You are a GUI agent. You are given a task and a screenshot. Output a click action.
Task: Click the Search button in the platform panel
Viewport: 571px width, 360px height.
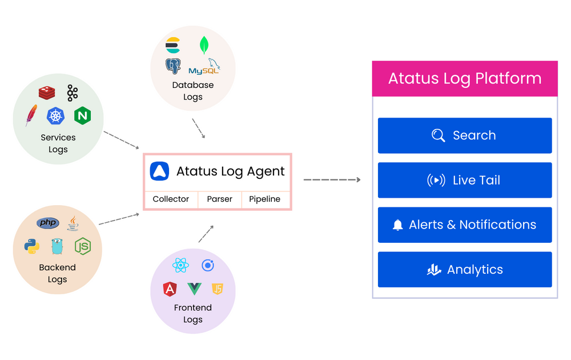pos(464,135)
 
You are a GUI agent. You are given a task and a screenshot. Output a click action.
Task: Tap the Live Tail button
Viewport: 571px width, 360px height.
pos(464,180)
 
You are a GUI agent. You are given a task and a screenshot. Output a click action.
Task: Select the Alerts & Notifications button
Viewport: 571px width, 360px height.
pos(464,225)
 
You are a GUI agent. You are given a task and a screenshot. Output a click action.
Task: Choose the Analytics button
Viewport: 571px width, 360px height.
pos(464,270)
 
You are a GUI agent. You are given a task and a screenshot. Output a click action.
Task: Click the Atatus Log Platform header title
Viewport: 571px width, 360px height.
pos(465,78)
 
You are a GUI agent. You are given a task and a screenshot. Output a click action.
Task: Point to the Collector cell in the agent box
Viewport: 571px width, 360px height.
pos(171,199)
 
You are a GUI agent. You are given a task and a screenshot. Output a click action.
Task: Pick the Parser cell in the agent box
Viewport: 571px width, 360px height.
pos(220,199)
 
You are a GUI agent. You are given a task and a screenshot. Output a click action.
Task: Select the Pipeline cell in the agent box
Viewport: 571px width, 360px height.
pos(265,199)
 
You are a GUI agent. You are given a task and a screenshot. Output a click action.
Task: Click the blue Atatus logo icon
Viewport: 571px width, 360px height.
pos(159,171)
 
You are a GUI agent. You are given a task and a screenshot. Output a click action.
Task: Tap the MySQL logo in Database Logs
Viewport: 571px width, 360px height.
pos(204,67)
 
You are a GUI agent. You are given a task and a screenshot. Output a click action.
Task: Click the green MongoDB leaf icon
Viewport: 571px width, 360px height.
pos(204,45)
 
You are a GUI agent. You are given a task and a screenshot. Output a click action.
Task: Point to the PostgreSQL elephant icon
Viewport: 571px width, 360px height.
pos(173,66)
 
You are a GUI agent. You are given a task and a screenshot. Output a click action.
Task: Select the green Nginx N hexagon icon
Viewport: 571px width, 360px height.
pos(82,115)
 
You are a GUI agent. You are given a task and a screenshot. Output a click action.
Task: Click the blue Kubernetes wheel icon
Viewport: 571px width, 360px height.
pos(55,116)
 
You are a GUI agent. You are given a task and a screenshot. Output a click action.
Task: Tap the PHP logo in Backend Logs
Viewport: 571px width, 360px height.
pos(48,223)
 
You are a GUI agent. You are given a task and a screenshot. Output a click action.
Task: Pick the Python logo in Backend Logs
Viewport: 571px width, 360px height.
pos(32,246)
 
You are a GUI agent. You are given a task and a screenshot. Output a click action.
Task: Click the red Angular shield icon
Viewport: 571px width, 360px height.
pos(170,289)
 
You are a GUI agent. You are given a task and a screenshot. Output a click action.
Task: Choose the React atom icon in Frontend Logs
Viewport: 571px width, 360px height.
pos(180,266)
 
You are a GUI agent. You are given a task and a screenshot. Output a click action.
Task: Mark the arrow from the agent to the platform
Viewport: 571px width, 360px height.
pos(332,180)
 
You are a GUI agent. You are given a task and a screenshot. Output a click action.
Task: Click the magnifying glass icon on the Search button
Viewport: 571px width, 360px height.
pos(438,135)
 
